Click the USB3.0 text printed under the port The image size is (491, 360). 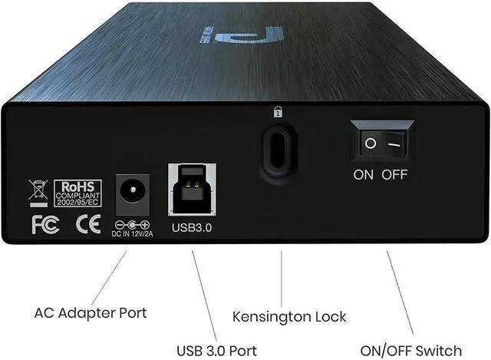(192, 227)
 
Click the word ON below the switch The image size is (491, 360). (364, 174)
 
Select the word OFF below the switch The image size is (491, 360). (395, 174)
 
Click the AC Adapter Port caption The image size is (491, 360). (91, 313)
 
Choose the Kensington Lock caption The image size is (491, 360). (289, 315)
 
